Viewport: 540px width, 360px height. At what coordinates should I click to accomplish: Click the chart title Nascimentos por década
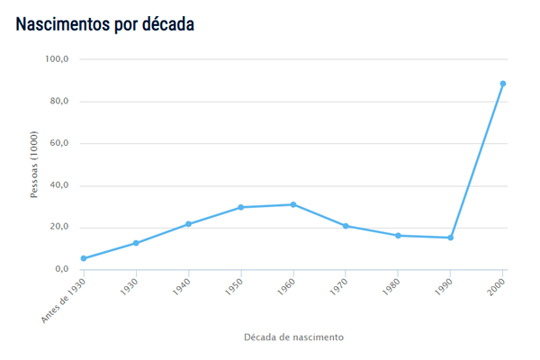(x=105, y=24)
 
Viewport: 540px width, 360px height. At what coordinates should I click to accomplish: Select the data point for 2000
(x=503, y=84)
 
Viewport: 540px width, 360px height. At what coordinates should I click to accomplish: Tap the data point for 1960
(x=293, y=204)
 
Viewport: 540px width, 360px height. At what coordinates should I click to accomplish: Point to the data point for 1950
(x=241, y=207)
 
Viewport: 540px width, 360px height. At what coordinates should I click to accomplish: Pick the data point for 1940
(x=188, y=224)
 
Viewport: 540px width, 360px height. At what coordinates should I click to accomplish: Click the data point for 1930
(x=136, y=243)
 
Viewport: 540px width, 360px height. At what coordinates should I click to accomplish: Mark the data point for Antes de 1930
(x=84, y=258)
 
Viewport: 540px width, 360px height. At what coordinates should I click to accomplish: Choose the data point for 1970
(x=346, y=226)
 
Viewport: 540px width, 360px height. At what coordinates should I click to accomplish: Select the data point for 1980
(x=398, y=236)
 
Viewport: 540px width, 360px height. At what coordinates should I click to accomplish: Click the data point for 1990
(x=451, y=238)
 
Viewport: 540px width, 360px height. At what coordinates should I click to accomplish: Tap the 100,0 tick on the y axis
(x=57, y=59)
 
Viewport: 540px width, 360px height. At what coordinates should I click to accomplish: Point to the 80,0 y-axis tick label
(x=58, y=102)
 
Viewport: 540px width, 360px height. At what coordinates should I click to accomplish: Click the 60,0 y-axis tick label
(x=58, y=143)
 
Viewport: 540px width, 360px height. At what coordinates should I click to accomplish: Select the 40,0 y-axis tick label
(x=58, y=185)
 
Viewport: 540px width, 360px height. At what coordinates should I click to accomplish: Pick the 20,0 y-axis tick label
(x=58, y=227)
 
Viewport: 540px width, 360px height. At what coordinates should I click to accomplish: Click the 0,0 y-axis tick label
(x=61, y=269)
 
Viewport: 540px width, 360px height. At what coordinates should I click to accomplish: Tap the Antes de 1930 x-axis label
(x=65, y=298)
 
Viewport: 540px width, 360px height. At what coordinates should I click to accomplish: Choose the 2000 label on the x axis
(x=496, y=287)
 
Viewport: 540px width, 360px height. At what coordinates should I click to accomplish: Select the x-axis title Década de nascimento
(x=293, y=337)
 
